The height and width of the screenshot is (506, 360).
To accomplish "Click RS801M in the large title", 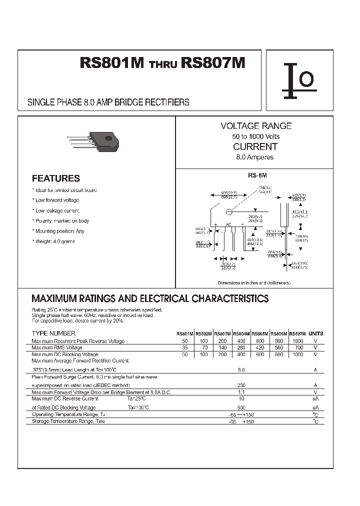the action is [x=112, y=63].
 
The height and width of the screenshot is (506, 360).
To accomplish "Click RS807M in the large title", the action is [x=213, y=63].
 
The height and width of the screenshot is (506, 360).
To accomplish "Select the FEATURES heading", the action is [x=55, y=178].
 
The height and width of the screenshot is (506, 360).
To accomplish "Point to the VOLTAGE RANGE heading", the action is [x=256, y=126].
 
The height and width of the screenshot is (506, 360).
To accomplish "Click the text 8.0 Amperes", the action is [x=255, y=157].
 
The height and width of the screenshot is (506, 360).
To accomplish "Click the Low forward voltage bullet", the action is [x=56, y=200].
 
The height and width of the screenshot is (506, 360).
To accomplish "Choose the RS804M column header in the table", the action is [x=241, y=334].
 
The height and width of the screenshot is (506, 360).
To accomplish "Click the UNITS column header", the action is [x=315, y=333].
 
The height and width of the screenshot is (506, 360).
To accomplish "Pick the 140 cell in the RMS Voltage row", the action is [x=222, y=347].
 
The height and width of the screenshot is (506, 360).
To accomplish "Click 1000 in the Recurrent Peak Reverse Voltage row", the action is [x=297, y=341].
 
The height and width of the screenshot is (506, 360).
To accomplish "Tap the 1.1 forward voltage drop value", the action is [x=241, y=392].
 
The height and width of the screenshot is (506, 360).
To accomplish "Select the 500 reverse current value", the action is [x=241, y=407].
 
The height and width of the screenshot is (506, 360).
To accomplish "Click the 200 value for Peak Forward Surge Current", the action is [x=241, y=385].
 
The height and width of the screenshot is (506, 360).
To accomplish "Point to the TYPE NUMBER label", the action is [x=53, y=333].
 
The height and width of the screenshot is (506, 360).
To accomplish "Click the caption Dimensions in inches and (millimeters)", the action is [x=254, y=282].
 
